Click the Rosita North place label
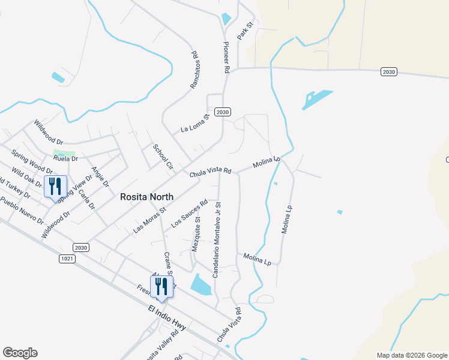(146, 197)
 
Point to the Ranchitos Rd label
(194, 70)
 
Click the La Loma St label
(194, 124)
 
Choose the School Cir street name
(162, 157)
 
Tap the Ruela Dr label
(65, 159)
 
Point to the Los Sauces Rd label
(188, 214)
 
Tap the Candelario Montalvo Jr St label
(217, 238)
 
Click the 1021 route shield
(68, 258)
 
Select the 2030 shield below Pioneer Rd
(223, 112)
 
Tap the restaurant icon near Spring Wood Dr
(55, 187)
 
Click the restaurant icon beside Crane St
(161, 286)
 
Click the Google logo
(20, 353)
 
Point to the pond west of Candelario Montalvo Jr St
(201, 283)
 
